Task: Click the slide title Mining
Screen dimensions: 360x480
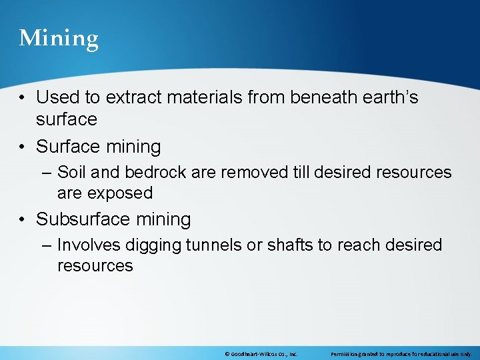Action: pos(59,39)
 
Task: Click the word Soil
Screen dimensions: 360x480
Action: pos(71,173)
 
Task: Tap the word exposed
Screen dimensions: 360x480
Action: pos(119,193)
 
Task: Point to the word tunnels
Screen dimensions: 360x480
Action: pos(214,245)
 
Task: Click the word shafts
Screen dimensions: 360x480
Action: pos(290,245)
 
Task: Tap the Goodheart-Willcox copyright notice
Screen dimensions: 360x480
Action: pos(261,354)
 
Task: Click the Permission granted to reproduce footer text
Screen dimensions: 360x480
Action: pos(401,354)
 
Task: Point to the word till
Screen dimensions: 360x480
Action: pos(301,173)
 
